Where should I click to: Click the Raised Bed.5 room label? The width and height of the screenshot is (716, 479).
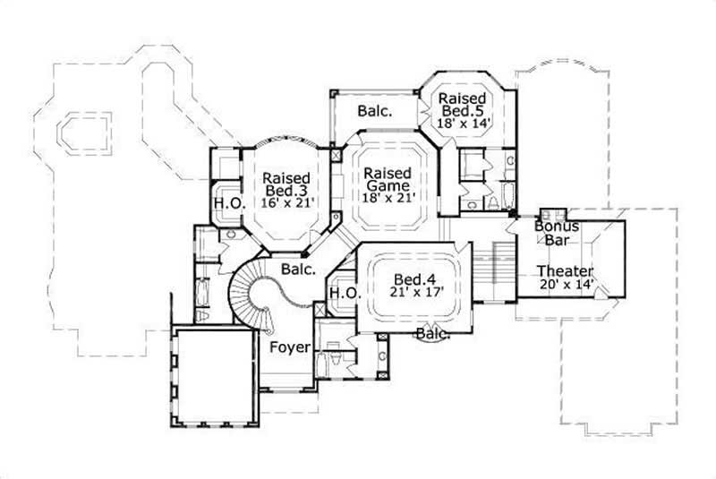[x=463, y=105]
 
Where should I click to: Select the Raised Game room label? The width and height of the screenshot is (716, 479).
[x=387, y=180]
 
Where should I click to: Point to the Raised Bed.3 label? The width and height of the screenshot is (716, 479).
[x=286, y=184]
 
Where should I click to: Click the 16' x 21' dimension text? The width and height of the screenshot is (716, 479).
[x=286, y=204]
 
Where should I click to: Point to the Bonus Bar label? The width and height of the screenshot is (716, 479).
[x=558, y=235]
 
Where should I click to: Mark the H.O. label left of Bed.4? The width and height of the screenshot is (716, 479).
[x=344, y=294]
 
